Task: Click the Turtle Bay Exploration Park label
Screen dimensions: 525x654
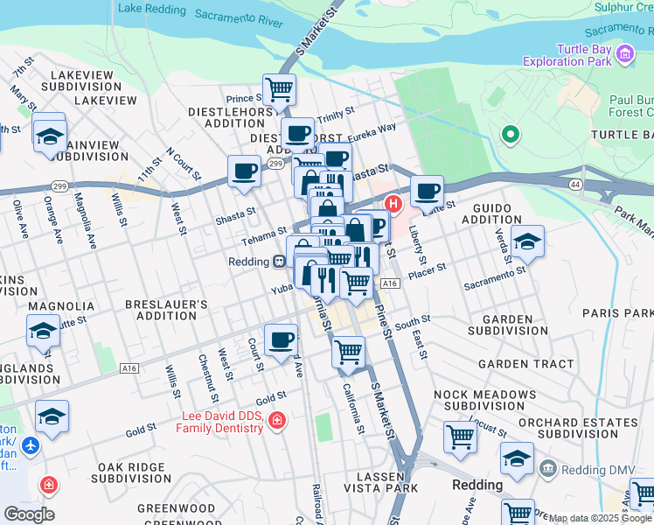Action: click(566, 55)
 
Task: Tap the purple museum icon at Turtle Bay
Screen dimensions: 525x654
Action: click(625, 55)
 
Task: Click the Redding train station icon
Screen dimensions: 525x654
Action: click(278, 261)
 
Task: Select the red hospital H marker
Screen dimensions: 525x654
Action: click(393, 204)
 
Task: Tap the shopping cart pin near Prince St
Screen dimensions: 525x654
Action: click(279, 88)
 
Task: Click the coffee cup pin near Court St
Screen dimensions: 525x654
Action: click(280, 339)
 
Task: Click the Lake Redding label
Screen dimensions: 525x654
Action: click(152, 9)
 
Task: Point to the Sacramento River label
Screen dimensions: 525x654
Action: click(239, 17)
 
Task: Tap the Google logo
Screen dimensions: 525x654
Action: click(29, 514)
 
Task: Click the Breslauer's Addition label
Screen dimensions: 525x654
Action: click(166, 310)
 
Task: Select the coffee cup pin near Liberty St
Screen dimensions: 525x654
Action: click(427, 191)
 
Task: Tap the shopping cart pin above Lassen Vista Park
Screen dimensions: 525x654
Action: click(349, 351)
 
